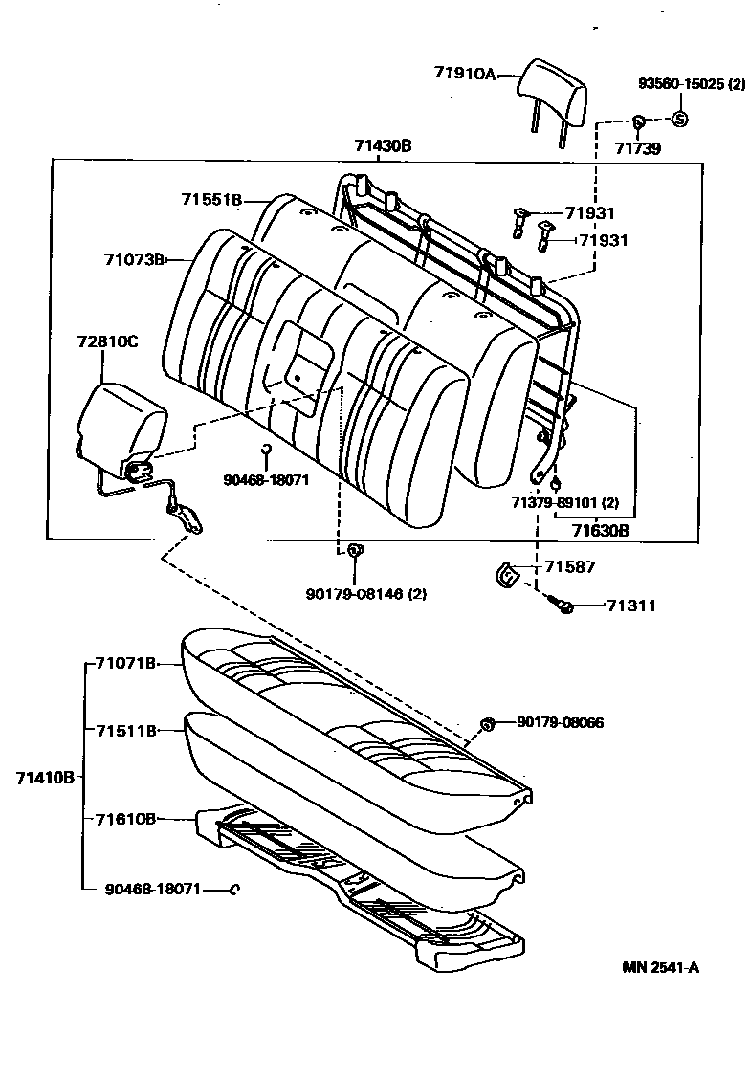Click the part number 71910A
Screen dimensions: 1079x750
464,73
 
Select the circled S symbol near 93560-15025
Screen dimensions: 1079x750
679,120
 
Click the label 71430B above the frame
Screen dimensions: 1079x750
383,145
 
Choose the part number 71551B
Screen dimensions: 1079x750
211,199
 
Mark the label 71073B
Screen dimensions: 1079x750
135,259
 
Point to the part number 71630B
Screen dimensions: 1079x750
600,529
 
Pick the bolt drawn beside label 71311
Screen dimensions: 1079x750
562,606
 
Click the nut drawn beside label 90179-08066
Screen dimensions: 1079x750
486,723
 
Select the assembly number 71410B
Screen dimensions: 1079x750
44,777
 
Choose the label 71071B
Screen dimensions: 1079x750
125,662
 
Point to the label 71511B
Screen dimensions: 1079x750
125,730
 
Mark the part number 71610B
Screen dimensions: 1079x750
125,818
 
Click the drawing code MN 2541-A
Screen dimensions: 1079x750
661,967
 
